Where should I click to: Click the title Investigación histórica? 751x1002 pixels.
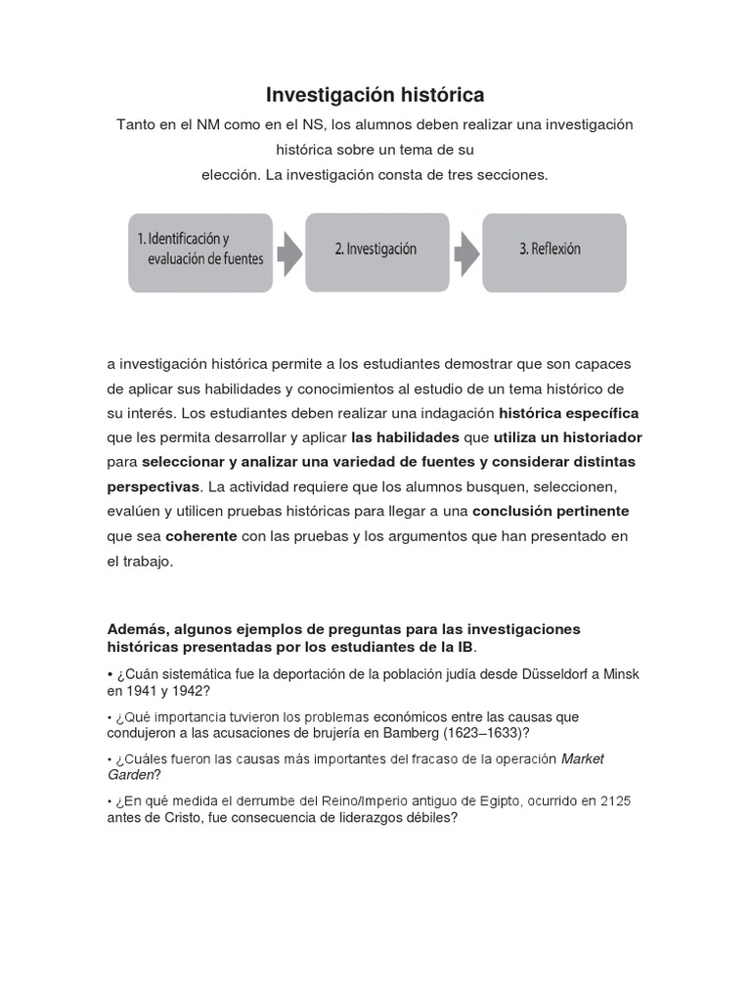[375, 95]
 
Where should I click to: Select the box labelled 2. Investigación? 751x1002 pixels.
[376, 250]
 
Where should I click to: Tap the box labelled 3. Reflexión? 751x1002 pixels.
[550, 250]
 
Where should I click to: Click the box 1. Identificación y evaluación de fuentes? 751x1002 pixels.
[199, 250]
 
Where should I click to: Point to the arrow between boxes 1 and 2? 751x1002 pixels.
[288, 251]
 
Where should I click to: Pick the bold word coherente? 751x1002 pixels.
[200, 536]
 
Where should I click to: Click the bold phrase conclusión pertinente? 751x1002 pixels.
[551, 511]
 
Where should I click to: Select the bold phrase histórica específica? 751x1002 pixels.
[569, 411]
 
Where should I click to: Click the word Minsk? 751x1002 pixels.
[620, 675]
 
